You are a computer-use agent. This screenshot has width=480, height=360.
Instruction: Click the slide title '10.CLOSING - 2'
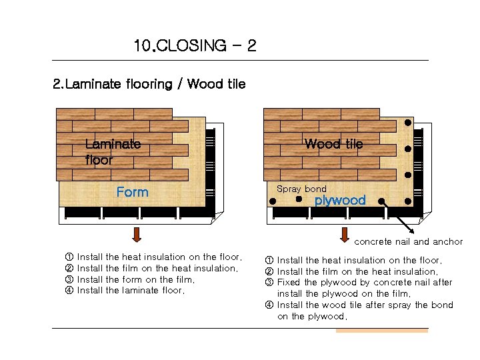(x=195, y=46)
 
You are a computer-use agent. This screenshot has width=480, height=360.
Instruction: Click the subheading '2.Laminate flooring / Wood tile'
(x=149, y=84)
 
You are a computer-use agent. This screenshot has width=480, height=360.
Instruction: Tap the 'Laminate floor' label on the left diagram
(x=112, y=151)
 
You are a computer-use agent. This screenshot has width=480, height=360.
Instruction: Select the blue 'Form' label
(x=132, y=192)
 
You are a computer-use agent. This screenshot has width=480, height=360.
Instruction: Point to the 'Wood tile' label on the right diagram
(x=333, y=144)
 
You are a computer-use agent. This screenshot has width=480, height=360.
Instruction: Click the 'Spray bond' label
(x=301, y=189)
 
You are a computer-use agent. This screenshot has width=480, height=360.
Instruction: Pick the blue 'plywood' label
(x=340, y=200)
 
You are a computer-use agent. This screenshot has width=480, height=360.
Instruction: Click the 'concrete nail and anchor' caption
(x=408, y=241)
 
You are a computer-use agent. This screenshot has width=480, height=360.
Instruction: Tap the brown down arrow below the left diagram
(x=137, y=235)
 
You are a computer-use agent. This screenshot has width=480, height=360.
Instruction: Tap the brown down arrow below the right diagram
(x=345, y=235)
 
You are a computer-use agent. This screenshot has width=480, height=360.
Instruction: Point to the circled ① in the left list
(x=69, y=257)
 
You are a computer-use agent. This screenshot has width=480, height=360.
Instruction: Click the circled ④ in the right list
(x=269, y=305)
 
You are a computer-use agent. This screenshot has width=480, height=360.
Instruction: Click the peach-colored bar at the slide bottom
(x=381, y=330)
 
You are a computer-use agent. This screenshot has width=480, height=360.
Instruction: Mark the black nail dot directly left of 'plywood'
(x=299, y=199)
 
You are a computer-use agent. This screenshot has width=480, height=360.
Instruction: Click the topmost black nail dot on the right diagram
(x=407, y=123)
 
